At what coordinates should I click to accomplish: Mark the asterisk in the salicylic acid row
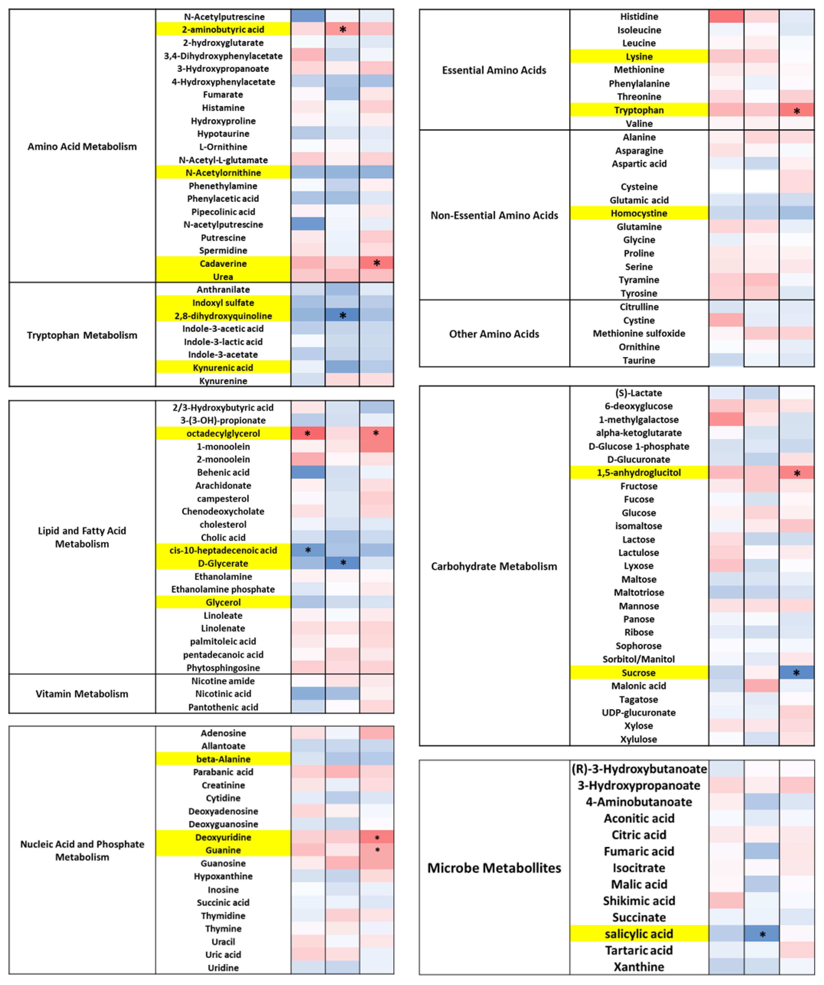(x=762, y=935)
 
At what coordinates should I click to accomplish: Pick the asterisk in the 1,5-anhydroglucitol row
(x=797, y=473)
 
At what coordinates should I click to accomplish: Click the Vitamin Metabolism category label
(x=82, y=694)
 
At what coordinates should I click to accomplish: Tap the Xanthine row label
(x=639, y=967)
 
